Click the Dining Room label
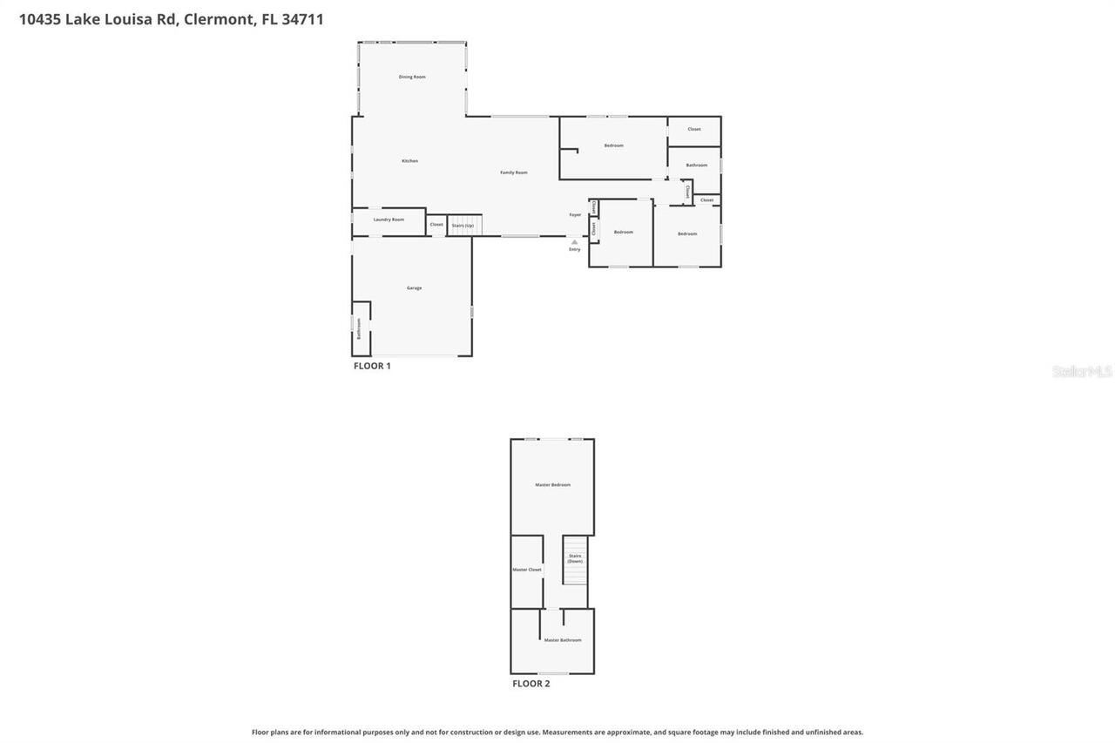pyautogui.click(x=412, y=78)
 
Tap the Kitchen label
pyautogui.click(x=409, y=161)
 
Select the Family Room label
pyautogui.click(x=513, y=172)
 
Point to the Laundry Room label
pyautogui.click(x=389, y=220)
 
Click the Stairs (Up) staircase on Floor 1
pyautogui.click(x=464, y=225)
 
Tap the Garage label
pyautogui.click(x=414, y=287)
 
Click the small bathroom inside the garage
pyautogui.click(x=361, y=328)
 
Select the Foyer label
pyautogui.click(x=575, y=214)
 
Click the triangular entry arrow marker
pyautogui.click(x=574, y=241)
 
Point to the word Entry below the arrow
pyautogui.click(x=574, y=250)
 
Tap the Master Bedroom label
pyautogui.click(x=552, y=485)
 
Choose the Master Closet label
pyautogui.click(x=526, y=570)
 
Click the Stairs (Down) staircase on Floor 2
pyautogui.click(x=575, y=559)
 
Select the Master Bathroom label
pyautogui.click(x=562, y=640)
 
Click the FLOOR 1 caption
pyautogui.click(x=372, y=366)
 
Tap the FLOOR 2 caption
pyautogui.click(x=530, y=684)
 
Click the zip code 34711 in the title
pyautogui.click(x=302, y=19)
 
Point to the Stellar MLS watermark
pyautogui.click(x=1082, y=372)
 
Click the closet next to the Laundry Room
pyautogui.click(x=436, y=225)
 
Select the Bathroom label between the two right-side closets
pyautogui.click(x=696, y=165)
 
